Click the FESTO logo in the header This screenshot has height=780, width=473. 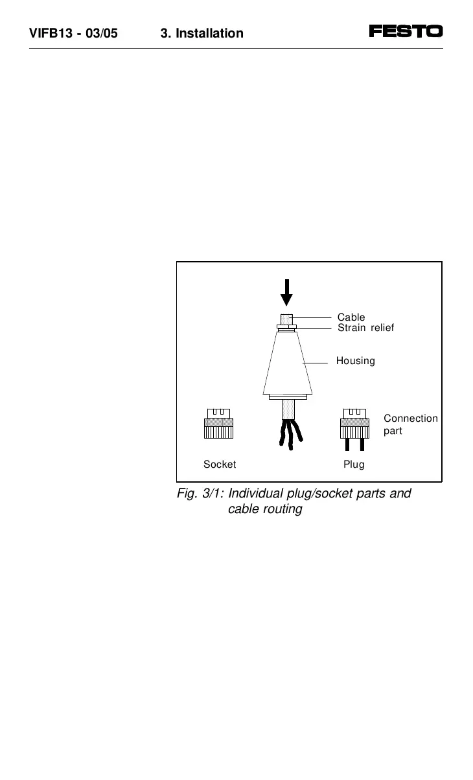click(x=406, y=31)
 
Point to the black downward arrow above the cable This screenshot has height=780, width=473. click(x=286, y=292)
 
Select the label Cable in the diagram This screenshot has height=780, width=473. click(x=351, y=317)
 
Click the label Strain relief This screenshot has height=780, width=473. click(x=365, y=328)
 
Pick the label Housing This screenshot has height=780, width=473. click(x=355, y=361)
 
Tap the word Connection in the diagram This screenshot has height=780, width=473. click(x=411, y=419)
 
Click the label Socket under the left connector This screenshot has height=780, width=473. click(x=220, y=465)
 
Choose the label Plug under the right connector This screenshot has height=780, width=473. click(x=354, y=465)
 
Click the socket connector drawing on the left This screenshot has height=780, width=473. click(x=219, y=424)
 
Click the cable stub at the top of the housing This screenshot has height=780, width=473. click(x=286, y=319)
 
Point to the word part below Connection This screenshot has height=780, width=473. click(x=393, y=431)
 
